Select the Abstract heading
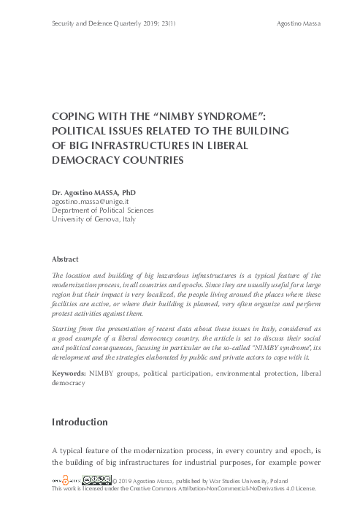point(66,259)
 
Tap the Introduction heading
point(80,422)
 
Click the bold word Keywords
point(69,374)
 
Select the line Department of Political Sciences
point(100,210)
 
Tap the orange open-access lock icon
point(63,480)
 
